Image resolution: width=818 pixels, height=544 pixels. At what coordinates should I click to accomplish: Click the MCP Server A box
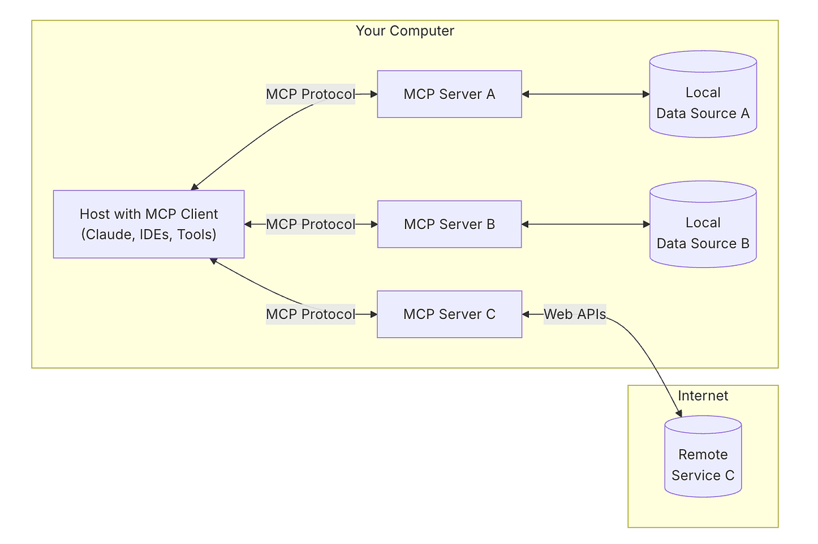(x=449, y=94)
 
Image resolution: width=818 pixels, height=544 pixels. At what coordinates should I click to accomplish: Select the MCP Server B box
(x=449, y=224)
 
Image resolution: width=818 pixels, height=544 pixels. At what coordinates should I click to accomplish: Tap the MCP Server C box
(x=449, y=314)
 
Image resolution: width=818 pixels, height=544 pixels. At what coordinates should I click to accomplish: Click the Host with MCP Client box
(x=149, y=224)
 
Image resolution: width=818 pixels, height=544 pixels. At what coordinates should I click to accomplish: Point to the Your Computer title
(x=405, y=31)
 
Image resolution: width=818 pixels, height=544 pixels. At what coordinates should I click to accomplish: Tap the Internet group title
(x=703, y=396)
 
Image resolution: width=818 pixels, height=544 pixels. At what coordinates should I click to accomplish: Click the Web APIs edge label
(x=575, y=314)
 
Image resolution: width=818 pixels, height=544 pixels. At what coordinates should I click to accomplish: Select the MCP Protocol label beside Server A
(x=310, y=94)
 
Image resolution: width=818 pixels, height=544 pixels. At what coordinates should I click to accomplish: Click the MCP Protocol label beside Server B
(x=310, y=224)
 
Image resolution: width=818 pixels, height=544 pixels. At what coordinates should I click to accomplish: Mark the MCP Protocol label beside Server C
(x=310, y=314)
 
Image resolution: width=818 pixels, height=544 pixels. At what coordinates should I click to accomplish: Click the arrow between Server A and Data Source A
(x=586, y=94)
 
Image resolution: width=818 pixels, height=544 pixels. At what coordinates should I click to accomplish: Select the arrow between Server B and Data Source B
(x=586, y=224)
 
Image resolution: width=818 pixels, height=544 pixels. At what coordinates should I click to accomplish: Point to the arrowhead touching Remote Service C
(x=678, y=413)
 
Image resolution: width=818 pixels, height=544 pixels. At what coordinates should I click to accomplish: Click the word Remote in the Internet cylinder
(x=703, y=455)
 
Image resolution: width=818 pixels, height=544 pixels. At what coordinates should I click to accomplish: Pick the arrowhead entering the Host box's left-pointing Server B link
(x=249, y=224)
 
